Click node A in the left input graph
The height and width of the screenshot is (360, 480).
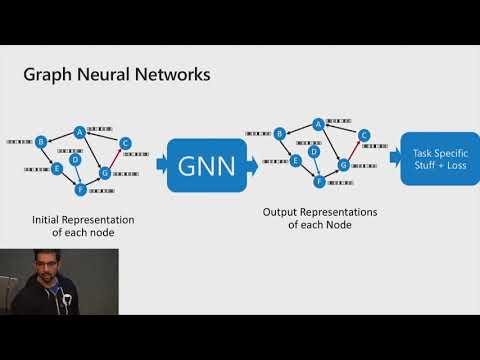click(79, 131)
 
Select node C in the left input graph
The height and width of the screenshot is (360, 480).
click(125, 143)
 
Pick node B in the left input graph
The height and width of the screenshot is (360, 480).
click(42, 142)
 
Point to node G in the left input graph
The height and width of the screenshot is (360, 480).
click(105, 173)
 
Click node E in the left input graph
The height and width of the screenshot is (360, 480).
click(57, 168)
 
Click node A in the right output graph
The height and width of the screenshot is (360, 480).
click(318, 124)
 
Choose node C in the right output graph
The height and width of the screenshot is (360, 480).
click(364, 135)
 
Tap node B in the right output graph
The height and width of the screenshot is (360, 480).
click(281, 133)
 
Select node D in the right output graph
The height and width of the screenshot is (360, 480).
click(314, 151)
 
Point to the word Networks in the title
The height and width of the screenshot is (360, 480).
click(177, 75)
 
